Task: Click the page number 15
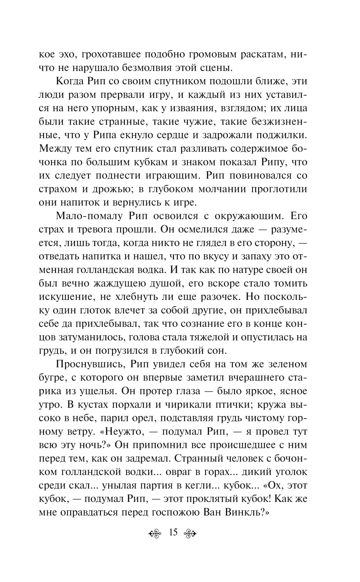pyautogui.click(x=173, y=532)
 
